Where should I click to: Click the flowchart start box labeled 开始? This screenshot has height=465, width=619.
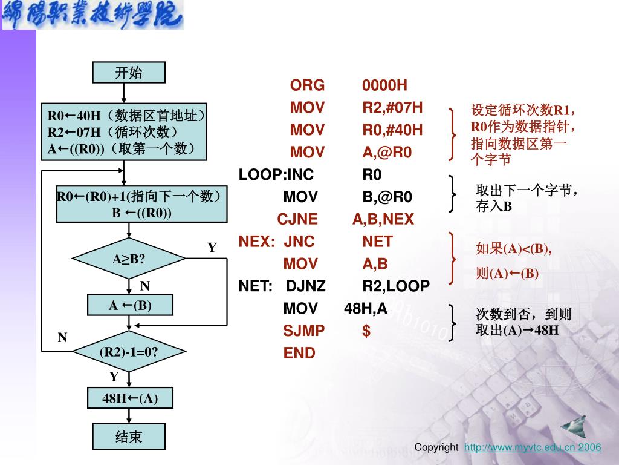coord(128,73)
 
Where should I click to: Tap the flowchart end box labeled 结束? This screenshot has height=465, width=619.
coord(128,436)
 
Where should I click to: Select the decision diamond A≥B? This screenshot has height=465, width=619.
coord(129,259)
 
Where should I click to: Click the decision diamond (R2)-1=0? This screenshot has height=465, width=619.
coord(129,351)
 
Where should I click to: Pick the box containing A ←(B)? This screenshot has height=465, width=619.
coord(130,306)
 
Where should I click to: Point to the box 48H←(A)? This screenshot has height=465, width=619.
coord(130,398)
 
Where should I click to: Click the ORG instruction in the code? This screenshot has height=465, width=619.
coord(307,85)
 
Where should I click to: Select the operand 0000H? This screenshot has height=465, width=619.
coord(385,85)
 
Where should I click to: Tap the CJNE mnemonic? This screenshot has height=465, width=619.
coord(297,219)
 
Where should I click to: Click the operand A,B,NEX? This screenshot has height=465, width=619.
coord(383,219)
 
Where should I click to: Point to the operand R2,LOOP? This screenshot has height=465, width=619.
coord(396,286)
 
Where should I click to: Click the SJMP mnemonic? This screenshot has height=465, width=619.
coord(304,331)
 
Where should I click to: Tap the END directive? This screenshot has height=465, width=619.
coord(299,353)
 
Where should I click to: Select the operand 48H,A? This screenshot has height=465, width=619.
coord(366,309)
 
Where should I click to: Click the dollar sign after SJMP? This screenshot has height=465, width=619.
coord(366,331)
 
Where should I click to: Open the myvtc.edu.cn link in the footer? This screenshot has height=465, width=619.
coord(533,447)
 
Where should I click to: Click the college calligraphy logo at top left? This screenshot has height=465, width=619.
coord(92,15)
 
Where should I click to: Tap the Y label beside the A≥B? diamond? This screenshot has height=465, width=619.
coord(212,248)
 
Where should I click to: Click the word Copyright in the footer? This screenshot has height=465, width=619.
coord(436,447)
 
